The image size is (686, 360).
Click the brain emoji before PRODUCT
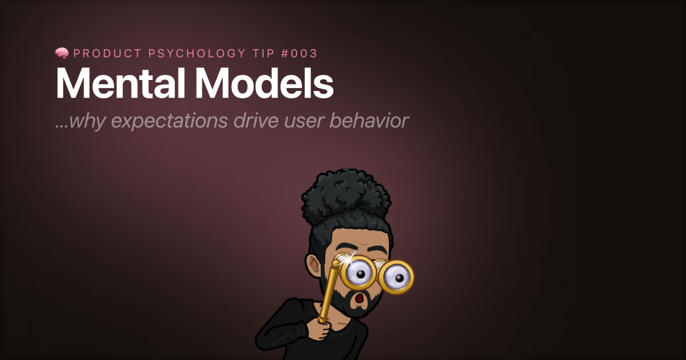(62, 53)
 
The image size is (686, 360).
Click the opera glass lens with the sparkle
(359, 274)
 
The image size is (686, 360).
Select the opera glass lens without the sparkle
(396, 277)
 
